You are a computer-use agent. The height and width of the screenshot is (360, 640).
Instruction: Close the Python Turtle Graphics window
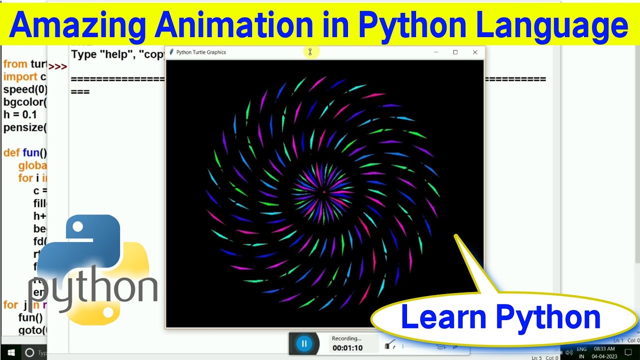(x=475, y=52)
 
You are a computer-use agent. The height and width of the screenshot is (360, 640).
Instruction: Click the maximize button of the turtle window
(x=455, y=52)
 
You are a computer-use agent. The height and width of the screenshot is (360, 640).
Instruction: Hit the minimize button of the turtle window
(x=436, y=52)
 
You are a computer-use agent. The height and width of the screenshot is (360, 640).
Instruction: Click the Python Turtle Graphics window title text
(x=201, y=52)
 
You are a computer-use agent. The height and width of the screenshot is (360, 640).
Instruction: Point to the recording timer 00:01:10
(x=347, y=347)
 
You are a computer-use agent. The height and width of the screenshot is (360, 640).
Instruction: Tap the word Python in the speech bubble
(x=548, y=317)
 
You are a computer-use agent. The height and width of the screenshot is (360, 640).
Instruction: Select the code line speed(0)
(x=25, y=89)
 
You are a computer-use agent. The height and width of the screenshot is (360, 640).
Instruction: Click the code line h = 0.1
(x=20, y=114)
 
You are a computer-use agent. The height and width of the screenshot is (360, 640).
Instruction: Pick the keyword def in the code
(x=11, y=152)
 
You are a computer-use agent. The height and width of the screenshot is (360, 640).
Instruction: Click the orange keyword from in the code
(x=15, y=64)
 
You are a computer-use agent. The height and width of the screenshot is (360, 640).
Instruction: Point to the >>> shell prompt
(x=57, y=66)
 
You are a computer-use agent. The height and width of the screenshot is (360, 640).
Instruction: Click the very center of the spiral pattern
(x=323, y=191)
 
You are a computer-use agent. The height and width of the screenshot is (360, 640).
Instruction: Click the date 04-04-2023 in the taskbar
(x=604, y=356)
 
